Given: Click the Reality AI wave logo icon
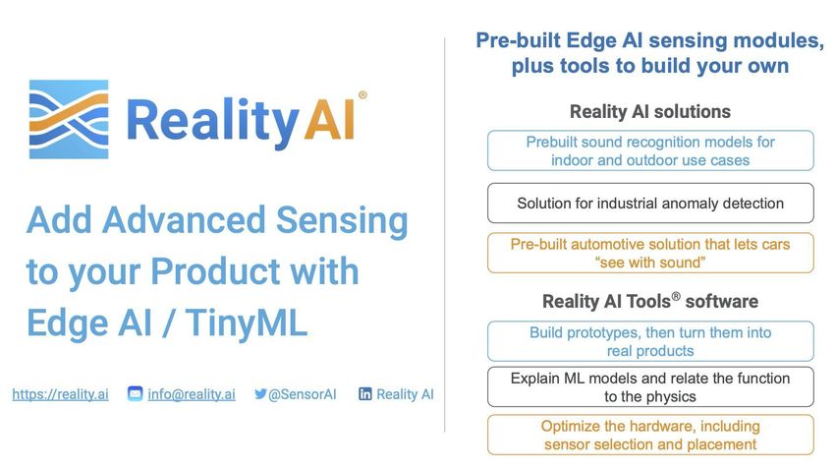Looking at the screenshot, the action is point(69,119).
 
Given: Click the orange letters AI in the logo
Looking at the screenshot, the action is point(329,119).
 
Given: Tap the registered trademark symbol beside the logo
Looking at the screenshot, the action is point(362,94).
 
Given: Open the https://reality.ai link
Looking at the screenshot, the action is point(60,394).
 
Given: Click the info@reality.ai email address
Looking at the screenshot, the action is point(192,394).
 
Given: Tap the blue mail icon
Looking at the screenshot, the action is point(136,394).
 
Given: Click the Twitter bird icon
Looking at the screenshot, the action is point(260,394).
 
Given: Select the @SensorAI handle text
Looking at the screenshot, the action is point(302,394).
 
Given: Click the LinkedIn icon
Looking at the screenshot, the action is point(365,394).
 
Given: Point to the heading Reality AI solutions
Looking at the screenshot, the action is point(650,111).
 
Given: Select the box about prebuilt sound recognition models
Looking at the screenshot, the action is point(650,150).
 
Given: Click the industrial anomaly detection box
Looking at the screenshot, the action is point(650,203).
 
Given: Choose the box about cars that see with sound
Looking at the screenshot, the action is point(650,253).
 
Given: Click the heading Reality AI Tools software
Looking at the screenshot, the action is point(650,301).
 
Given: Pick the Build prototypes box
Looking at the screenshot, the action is point(650,341).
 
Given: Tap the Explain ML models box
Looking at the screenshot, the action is point(650,386).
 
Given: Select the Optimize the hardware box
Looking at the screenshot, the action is point(650,435).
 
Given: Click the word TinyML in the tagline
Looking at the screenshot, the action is point(247,323).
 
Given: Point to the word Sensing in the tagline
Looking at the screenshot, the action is point(342,221).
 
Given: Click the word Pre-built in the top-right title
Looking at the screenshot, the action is point(518,40).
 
